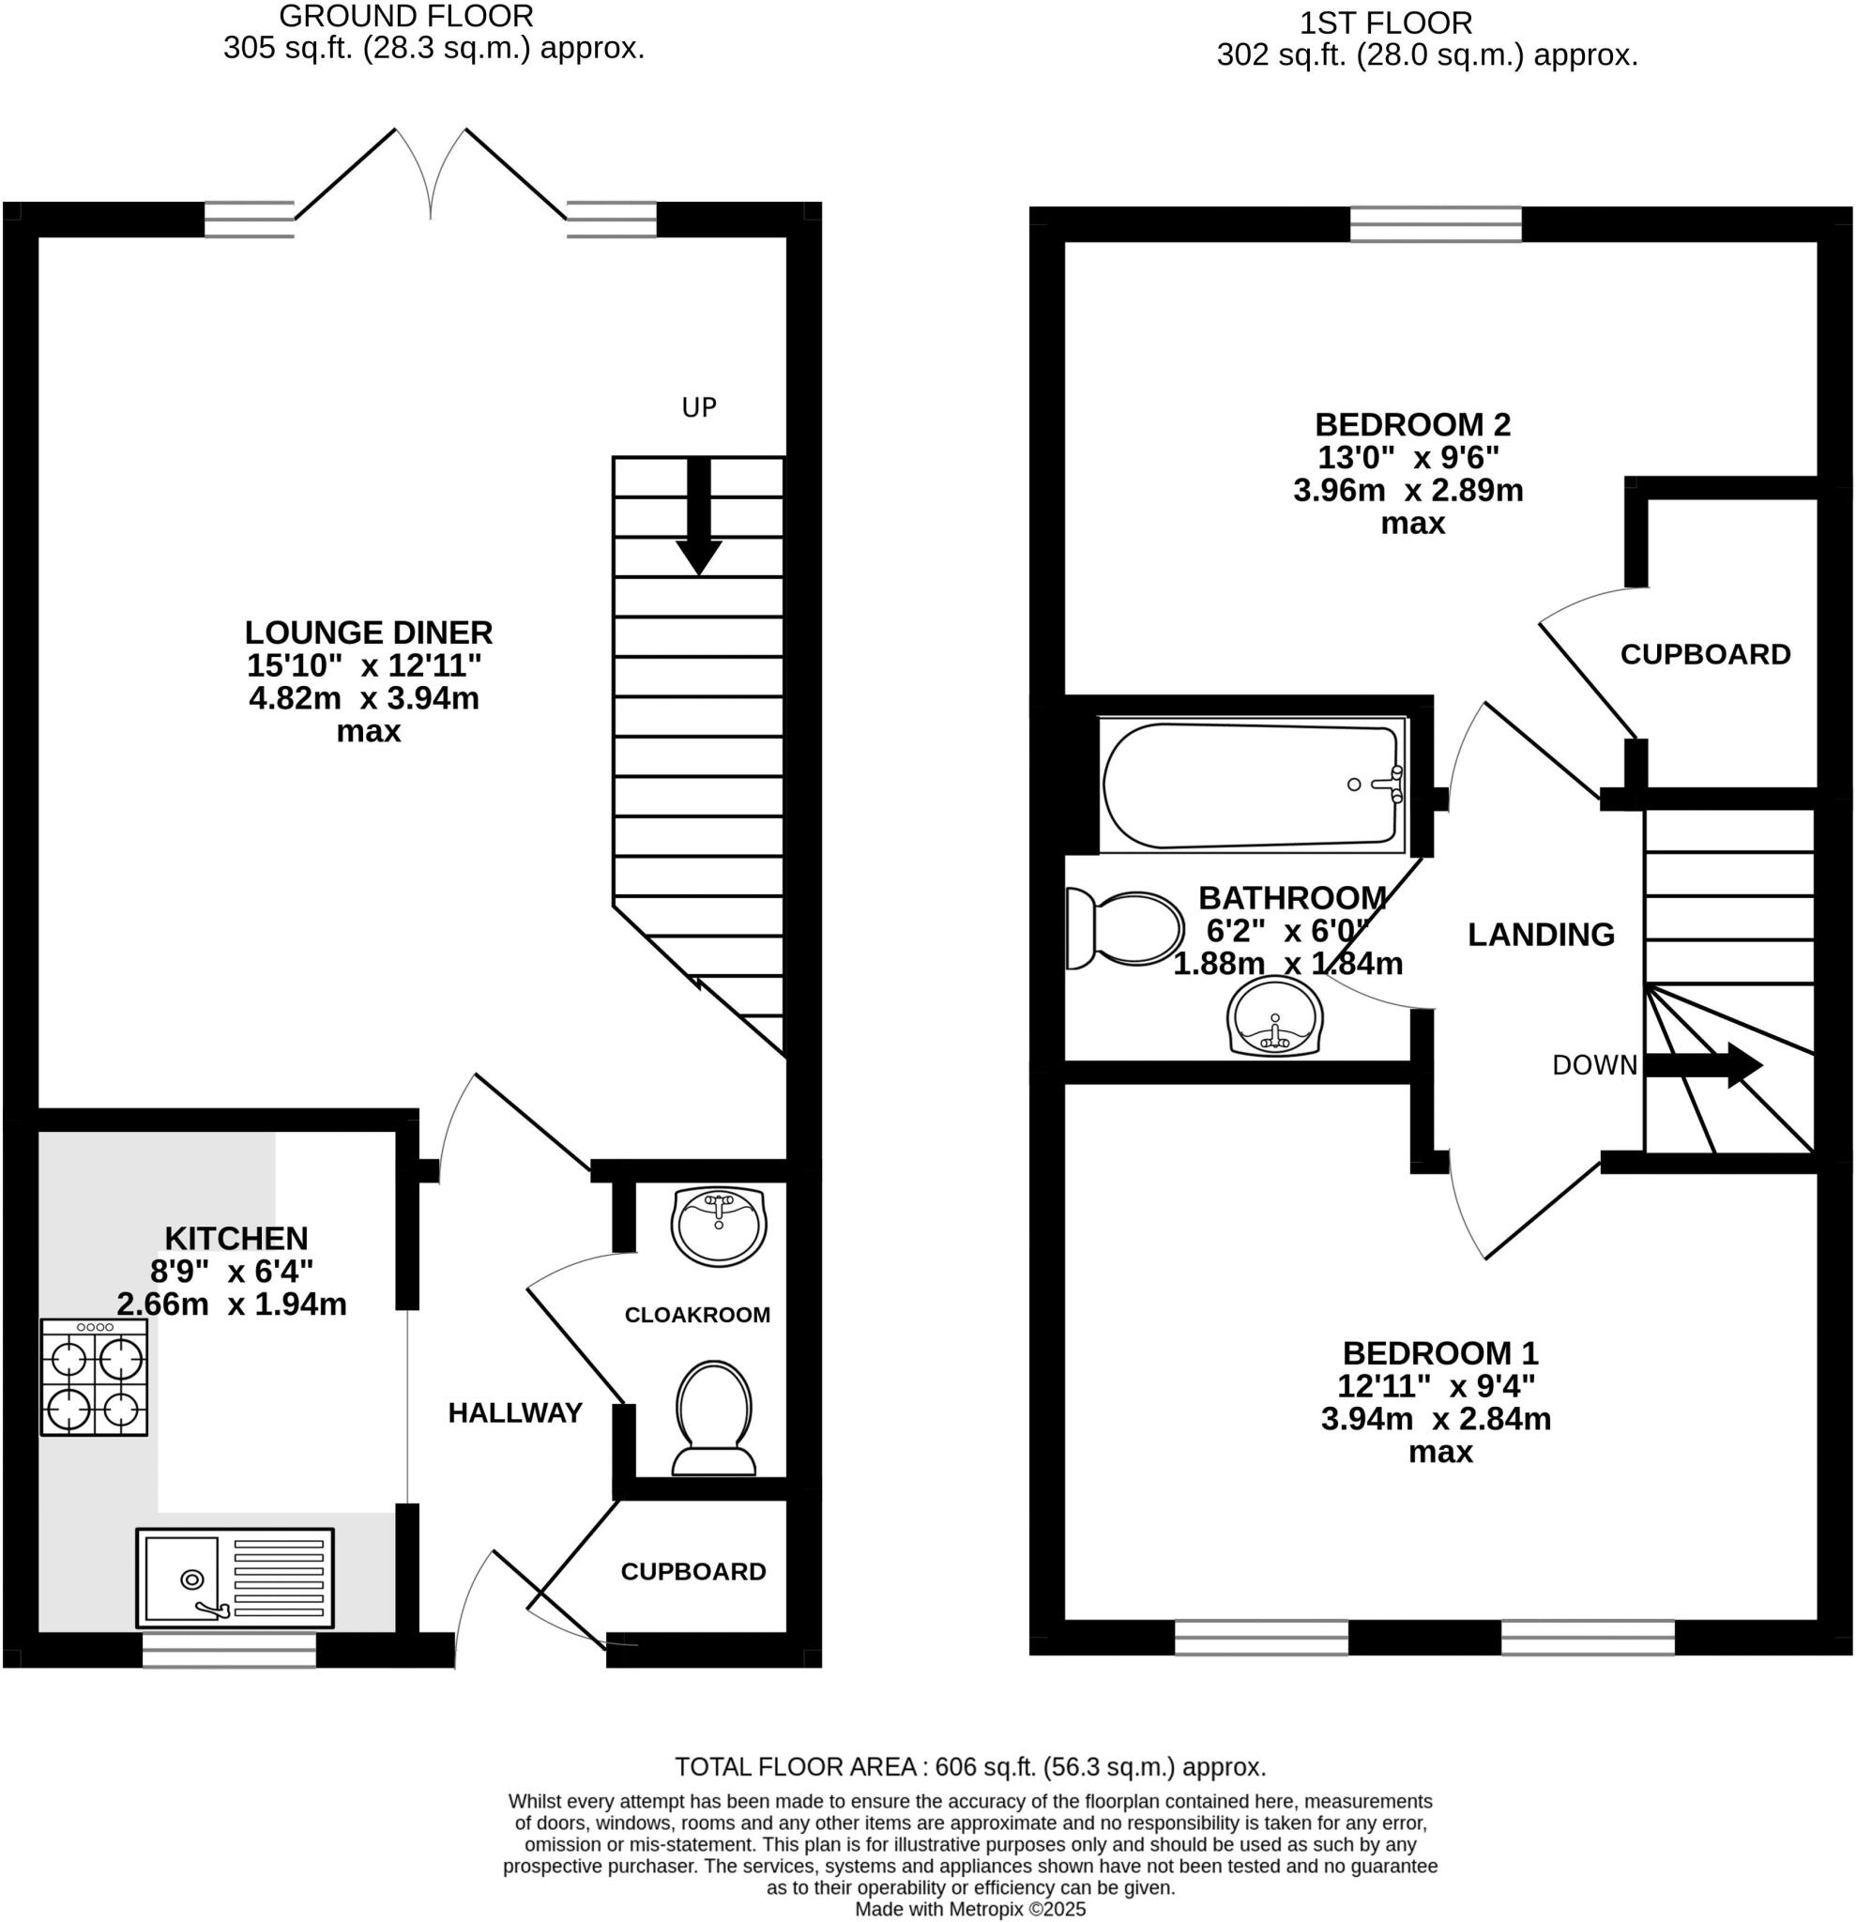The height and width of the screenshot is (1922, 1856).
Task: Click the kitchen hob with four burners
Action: (94, 1376)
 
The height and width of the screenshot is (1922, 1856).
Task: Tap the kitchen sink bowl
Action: (182, 1578)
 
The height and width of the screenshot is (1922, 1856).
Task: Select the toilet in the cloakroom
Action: (714, 1416)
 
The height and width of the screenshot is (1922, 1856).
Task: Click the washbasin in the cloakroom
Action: (719, 1226)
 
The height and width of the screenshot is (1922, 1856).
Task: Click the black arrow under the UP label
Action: (698, 515)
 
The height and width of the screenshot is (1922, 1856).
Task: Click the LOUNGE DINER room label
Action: (369, 633)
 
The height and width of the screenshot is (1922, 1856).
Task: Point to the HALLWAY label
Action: (515, 1412)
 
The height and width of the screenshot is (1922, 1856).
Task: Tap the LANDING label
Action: (1541, 935)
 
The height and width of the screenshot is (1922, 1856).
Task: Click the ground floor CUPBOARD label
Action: (693, 1571)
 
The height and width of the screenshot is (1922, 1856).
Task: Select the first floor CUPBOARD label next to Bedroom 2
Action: (1705, 654)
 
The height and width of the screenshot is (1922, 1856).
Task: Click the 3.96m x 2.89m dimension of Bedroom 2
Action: (1407, 490)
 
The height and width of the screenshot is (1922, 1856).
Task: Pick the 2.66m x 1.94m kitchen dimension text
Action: (232, 1304)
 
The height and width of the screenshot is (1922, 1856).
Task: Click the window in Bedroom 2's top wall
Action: (1436, 223)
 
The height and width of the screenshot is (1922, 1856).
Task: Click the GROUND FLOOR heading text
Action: (406, 17)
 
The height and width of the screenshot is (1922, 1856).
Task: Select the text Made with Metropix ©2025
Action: (969, 1909)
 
